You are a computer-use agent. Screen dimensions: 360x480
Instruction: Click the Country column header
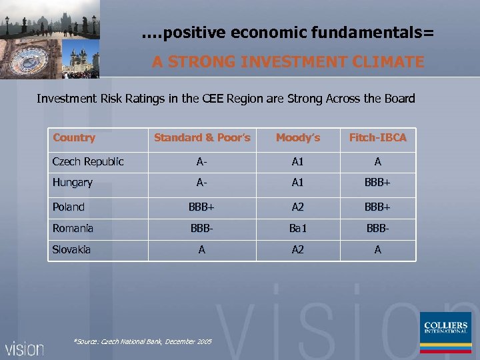coord(74,138)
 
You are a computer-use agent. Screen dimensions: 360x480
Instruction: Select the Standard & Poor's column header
coord(202,138)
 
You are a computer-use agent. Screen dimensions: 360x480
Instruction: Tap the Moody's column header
coord(297,138)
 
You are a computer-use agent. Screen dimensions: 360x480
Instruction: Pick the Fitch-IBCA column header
coord(377,138)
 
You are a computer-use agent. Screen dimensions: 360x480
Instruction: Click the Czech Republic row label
coord(88,162)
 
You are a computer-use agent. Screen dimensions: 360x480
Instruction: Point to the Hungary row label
coord(73,183)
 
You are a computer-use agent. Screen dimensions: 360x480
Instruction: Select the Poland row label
coord(69,207)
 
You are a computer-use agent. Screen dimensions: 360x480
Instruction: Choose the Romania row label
coord(73,229)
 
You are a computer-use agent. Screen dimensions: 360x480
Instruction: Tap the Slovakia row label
coord(72,250)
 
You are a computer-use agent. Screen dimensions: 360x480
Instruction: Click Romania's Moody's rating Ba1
coord(297,229)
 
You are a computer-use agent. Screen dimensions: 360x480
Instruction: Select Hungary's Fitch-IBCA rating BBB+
coord(377,183)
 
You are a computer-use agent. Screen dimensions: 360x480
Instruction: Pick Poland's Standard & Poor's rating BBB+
coord(201,207)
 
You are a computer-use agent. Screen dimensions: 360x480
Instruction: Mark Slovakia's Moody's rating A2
coord(297,250)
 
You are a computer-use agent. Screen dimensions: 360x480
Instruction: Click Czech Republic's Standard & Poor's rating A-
coord(201,162)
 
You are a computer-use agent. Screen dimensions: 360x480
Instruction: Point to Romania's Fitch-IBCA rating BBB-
coord(377,229)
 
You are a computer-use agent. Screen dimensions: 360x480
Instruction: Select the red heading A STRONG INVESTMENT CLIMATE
coord(287,62)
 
